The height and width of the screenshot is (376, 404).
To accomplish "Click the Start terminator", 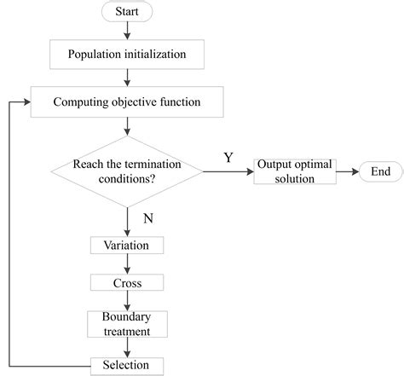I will (x=127, y=14).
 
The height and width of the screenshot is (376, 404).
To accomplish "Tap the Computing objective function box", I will (x=127, y=103).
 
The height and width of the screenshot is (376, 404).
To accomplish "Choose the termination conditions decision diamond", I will (x=127, y=172).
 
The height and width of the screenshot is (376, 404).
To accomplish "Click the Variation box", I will (x=127, y=245).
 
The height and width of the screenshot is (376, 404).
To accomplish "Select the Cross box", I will (x=127, y=282).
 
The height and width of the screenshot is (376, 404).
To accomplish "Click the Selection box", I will (x=127, y=365).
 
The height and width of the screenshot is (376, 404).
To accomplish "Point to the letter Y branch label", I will (x=228, y=159).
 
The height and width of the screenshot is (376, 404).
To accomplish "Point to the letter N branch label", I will (x=149, y=219).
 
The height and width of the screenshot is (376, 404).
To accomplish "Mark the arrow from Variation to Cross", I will (x=127, y=263).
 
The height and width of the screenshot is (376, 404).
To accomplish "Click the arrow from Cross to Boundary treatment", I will (x=127, y=300).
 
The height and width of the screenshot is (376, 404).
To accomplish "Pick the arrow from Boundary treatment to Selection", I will (x=127, y=345).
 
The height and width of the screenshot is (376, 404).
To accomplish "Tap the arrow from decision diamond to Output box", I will (x=228, y=172).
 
